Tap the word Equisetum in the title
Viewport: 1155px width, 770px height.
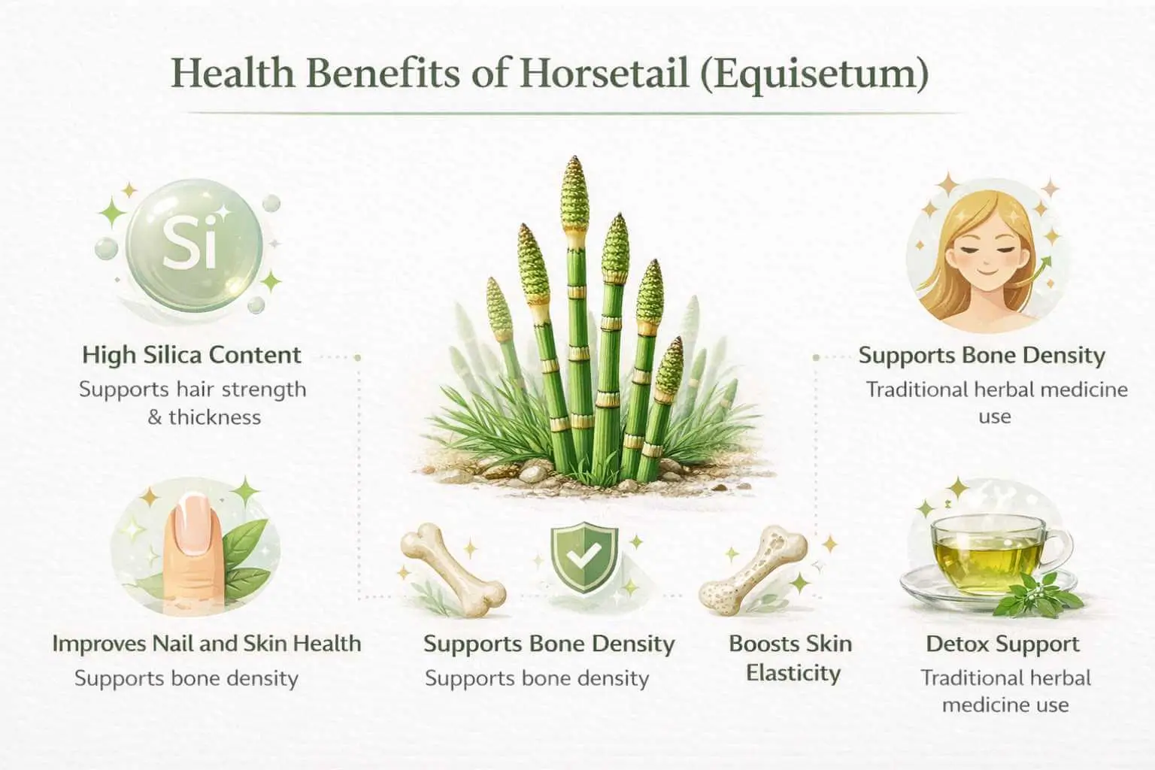click(814, 74)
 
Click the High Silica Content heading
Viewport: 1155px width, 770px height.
click(191, 354)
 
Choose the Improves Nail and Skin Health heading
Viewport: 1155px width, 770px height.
click(206, 644)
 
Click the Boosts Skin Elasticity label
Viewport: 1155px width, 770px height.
click(792, 658)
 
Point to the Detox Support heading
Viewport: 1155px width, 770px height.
click(1002, 644)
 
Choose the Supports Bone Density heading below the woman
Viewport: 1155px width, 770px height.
click(981, 355)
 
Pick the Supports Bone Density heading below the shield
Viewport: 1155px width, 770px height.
click(549, 644)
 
